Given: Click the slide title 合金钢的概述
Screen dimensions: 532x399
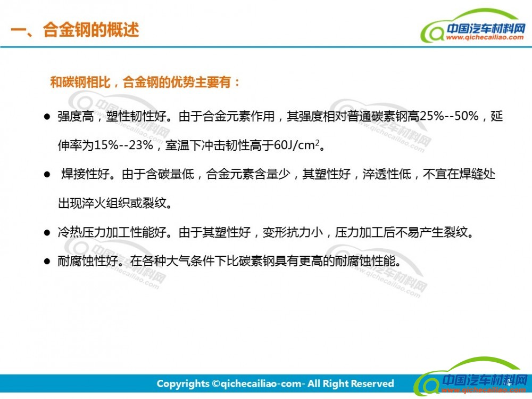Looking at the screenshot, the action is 91,30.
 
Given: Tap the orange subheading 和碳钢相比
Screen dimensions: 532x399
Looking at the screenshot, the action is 80,82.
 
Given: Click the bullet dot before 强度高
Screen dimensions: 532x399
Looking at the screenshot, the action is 47,117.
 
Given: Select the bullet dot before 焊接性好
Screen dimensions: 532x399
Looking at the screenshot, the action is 47,175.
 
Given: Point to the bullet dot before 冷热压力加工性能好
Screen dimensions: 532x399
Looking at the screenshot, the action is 47,233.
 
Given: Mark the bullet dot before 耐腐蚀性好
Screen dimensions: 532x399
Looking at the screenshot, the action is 47,262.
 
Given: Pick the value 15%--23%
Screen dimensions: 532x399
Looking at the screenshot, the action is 123,145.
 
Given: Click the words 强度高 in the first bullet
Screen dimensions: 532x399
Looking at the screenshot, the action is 76,116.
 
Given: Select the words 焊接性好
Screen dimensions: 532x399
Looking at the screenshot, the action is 86,174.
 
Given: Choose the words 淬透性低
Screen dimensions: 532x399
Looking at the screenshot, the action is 387,174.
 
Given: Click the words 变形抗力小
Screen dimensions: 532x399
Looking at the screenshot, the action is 293,232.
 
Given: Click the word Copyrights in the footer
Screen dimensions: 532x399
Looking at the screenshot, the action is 183,384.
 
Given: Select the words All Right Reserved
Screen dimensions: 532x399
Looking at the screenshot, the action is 351,384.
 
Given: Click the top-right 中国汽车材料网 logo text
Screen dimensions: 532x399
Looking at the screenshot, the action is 486,29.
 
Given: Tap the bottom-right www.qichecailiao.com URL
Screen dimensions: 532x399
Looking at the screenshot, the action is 484,390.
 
